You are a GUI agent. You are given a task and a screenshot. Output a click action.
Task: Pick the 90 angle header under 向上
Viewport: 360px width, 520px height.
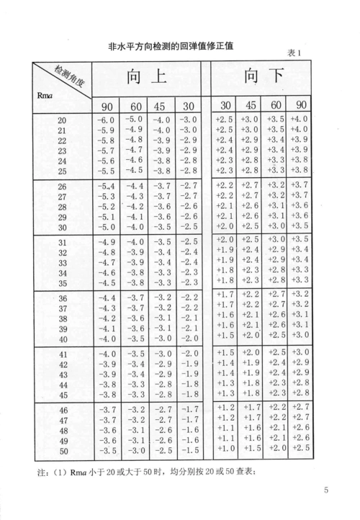coord(106,102)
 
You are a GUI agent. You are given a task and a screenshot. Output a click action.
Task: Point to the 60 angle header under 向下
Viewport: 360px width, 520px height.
coord(276,102)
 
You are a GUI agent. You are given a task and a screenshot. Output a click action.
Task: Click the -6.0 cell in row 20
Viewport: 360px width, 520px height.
coord(106,120)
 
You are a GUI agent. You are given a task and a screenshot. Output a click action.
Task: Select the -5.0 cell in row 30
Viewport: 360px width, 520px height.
coord(106,226)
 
